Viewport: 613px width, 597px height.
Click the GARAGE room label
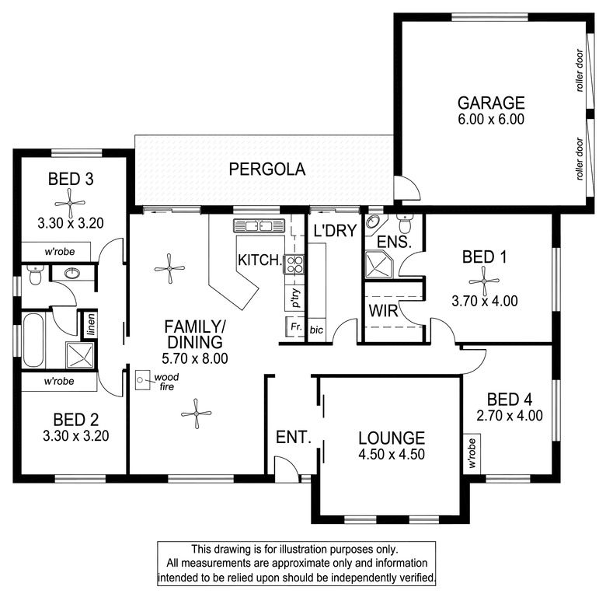pos(491,103)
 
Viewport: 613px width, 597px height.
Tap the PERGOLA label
pos(267,169)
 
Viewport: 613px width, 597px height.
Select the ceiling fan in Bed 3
pos(70,203)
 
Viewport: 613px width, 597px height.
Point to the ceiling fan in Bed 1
pos(484,281)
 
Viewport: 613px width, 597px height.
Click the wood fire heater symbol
pos(142,380)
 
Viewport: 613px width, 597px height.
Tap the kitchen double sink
pos(259,225)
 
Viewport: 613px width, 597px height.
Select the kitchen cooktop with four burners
pos(294,264)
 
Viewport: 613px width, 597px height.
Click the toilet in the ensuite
pos(403,223)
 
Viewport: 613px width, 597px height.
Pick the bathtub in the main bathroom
pos(33,340)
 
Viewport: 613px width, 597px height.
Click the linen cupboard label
pos(91,324)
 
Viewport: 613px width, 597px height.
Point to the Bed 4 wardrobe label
pos(472,453)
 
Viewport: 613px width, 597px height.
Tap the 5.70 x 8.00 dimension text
pos(195,358)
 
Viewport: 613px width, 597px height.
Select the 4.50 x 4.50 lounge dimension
pos(392,454)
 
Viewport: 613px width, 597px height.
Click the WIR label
pos(383,311)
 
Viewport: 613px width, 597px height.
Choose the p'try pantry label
pos(296,298)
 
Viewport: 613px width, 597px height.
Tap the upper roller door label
pos(580,71)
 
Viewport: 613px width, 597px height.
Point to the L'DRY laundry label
pos(336,231)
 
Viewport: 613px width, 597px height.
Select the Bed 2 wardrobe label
pos(59,381)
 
